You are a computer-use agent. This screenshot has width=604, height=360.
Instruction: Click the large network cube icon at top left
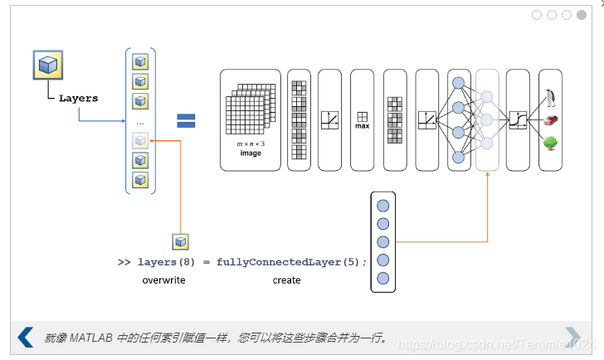pos(49,65)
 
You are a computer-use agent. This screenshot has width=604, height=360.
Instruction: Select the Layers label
pos(78,98)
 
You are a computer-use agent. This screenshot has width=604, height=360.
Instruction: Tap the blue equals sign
pos(186,120)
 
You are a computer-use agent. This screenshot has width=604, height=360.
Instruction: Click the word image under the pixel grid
pos(251,153)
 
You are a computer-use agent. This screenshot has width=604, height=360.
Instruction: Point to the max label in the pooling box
pos(363,127)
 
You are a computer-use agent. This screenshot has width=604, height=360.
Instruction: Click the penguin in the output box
pos(550,98)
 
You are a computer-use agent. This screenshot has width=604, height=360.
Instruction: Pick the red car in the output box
pos(550,119)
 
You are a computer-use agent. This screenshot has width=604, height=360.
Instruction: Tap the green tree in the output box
pos(550,143)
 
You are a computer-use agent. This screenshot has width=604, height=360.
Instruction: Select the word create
pos(286,280)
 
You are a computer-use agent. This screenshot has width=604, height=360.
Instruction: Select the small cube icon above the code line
pos(180,241)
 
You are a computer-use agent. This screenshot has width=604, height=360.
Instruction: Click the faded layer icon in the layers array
pos(140,140)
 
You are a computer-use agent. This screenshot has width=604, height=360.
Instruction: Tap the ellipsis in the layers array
pos(140,123)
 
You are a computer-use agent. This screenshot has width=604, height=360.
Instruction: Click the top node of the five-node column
pos(382,206)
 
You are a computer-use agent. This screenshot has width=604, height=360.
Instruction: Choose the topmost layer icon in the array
pos(140,62)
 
